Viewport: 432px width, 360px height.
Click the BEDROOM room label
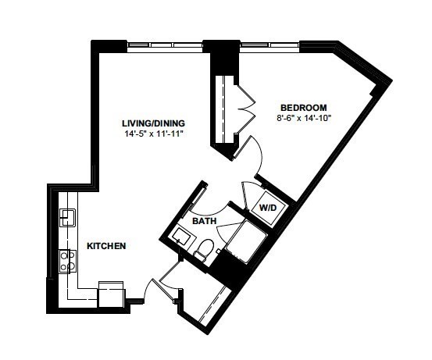tap(303, 108)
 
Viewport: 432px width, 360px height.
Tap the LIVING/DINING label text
tap(153, 123)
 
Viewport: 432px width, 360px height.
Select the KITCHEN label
tap(106, 246)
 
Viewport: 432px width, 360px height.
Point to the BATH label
tap(205, 221)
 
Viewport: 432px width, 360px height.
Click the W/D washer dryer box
tap(267, 207)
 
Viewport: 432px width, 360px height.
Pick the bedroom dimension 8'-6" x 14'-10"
tap(304, 118)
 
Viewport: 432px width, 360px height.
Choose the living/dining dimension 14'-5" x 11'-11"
tap(154, 134)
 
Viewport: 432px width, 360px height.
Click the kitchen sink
tap(67, 218)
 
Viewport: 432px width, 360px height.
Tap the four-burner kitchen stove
tap(67, 261)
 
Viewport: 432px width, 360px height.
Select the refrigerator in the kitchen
tap(111, 294)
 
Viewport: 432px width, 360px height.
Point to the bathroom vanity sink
tap(184, 237)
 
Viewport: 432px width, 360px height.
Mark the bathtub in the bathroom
tap(246, 241)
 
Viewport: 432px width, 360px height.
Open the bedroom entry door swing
tap(249, 155)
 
